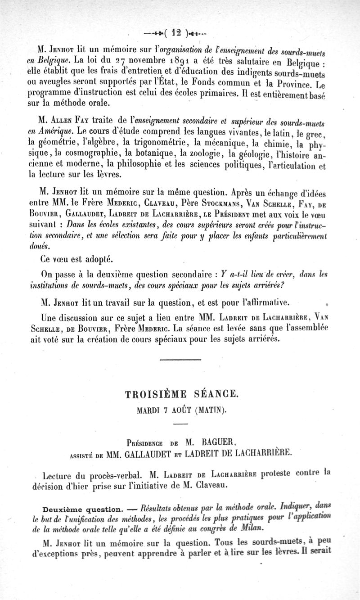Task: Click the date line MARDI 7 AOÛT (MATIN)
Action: coord(181,410)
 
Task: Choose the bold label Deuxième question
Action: coord(81,510)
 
